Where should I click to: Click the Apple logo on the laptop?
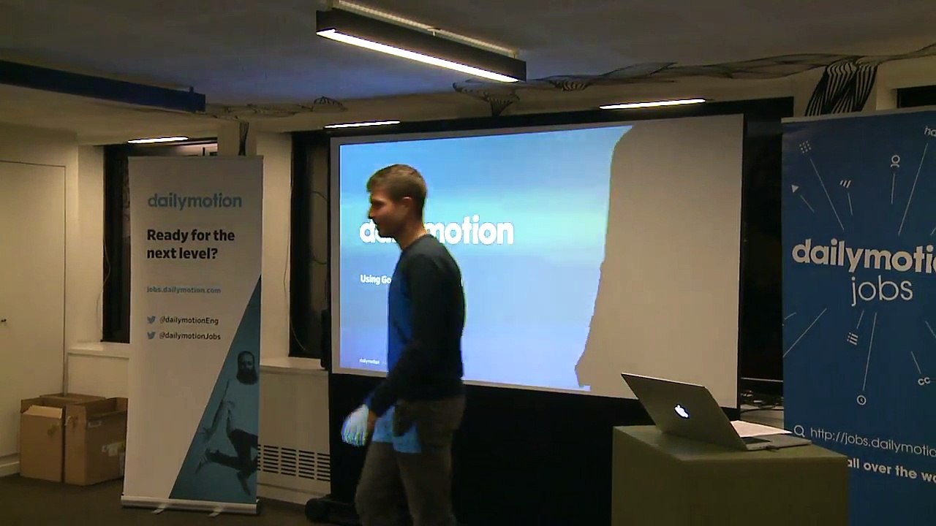[x=682, y=411]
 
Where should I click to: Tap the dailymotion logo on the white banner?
[x=195, y=201]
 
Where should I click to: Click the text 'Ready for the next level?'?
[x=190, y=244]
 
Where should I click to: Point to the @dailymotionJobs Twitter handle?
[x=189, y=336]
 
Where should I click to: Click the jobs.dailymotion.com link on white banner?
[x=184, y=290]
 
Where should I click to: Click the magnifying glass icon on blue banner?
[x=799, y=432]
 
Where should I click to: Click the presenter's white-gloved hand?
[x=356, y=426]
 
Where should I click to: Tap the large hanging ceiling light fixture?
[x=420, y=45]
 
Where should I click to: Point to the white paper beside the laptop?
[x=760, y=428]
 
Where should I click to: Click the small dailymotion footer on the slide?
[x=369, y=361]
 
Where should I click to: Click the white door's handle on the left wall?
[x=4, y=320]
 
